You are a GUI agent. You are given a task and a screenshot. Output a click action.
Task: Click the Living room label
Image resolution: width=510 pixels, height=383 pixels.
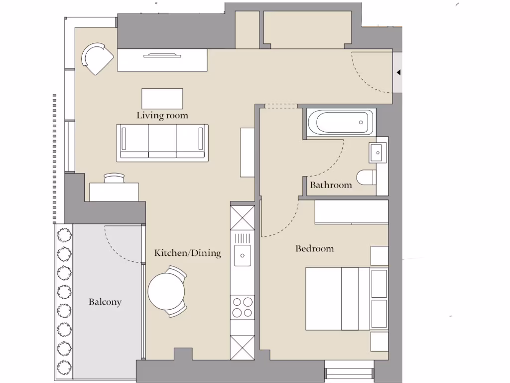coord(162,116)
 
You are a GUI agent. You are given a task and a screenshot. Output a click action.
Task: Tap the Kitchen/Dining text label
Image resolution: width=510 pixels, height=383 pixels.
coord(187,253)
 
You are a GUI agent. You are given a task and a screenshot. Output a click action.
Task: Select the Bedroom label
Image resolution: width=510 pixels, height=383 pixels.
coord(315,248)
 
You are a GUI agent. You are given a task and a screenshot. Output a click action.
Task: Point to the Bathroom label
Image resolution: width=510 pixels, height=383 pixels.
coord(331,185)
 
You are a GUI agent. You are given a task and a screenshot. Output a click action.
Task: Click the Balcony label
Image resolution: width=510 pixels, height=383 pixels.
coord(105,302)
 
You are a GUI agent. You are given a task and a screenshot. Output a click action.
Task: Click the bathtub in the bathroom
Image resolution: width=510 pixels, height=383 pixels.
coord(340,122)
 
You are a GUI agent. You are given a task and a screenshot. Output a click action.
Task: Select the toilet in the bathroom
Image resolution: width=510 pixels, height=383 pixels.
coord(367,177)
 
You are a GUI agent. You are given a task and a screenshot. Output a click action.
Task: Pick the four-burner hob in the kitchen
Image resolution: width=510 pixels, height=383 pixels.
coord(243,307)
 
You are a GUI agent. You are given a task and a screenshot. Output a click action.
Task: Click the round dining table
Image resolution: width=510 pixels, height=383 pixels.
coord(166,292)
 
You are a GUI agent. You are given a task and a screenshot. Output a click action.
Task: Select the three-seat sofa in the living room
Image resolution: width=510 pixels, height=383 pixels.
coord(162,143)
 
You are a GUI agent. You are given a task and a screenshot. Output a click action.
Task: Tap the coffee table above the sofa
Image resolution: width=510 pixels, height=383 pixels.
coord(162,98)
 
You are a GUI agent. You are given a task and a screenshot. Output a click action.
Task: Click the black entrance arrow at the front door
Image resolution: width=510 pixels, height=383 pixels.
coord(398,73)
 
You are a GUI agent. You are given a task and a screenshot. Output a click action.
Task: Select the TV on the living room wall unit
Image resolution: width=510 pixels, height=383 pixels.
coord(162,55)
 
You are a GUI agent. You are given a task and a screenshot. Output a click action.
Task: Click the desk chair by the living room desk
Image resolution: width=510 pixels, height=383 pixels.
coord(115,178)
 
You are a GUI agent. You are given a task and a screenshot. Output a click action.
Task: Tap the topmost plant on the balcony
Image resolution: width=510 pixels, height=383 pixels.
coord(64,235)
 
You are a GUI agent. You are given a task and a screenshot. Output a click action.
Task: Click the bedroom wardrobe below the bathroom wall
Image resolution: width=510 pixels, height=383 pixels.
coord(351,212)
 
